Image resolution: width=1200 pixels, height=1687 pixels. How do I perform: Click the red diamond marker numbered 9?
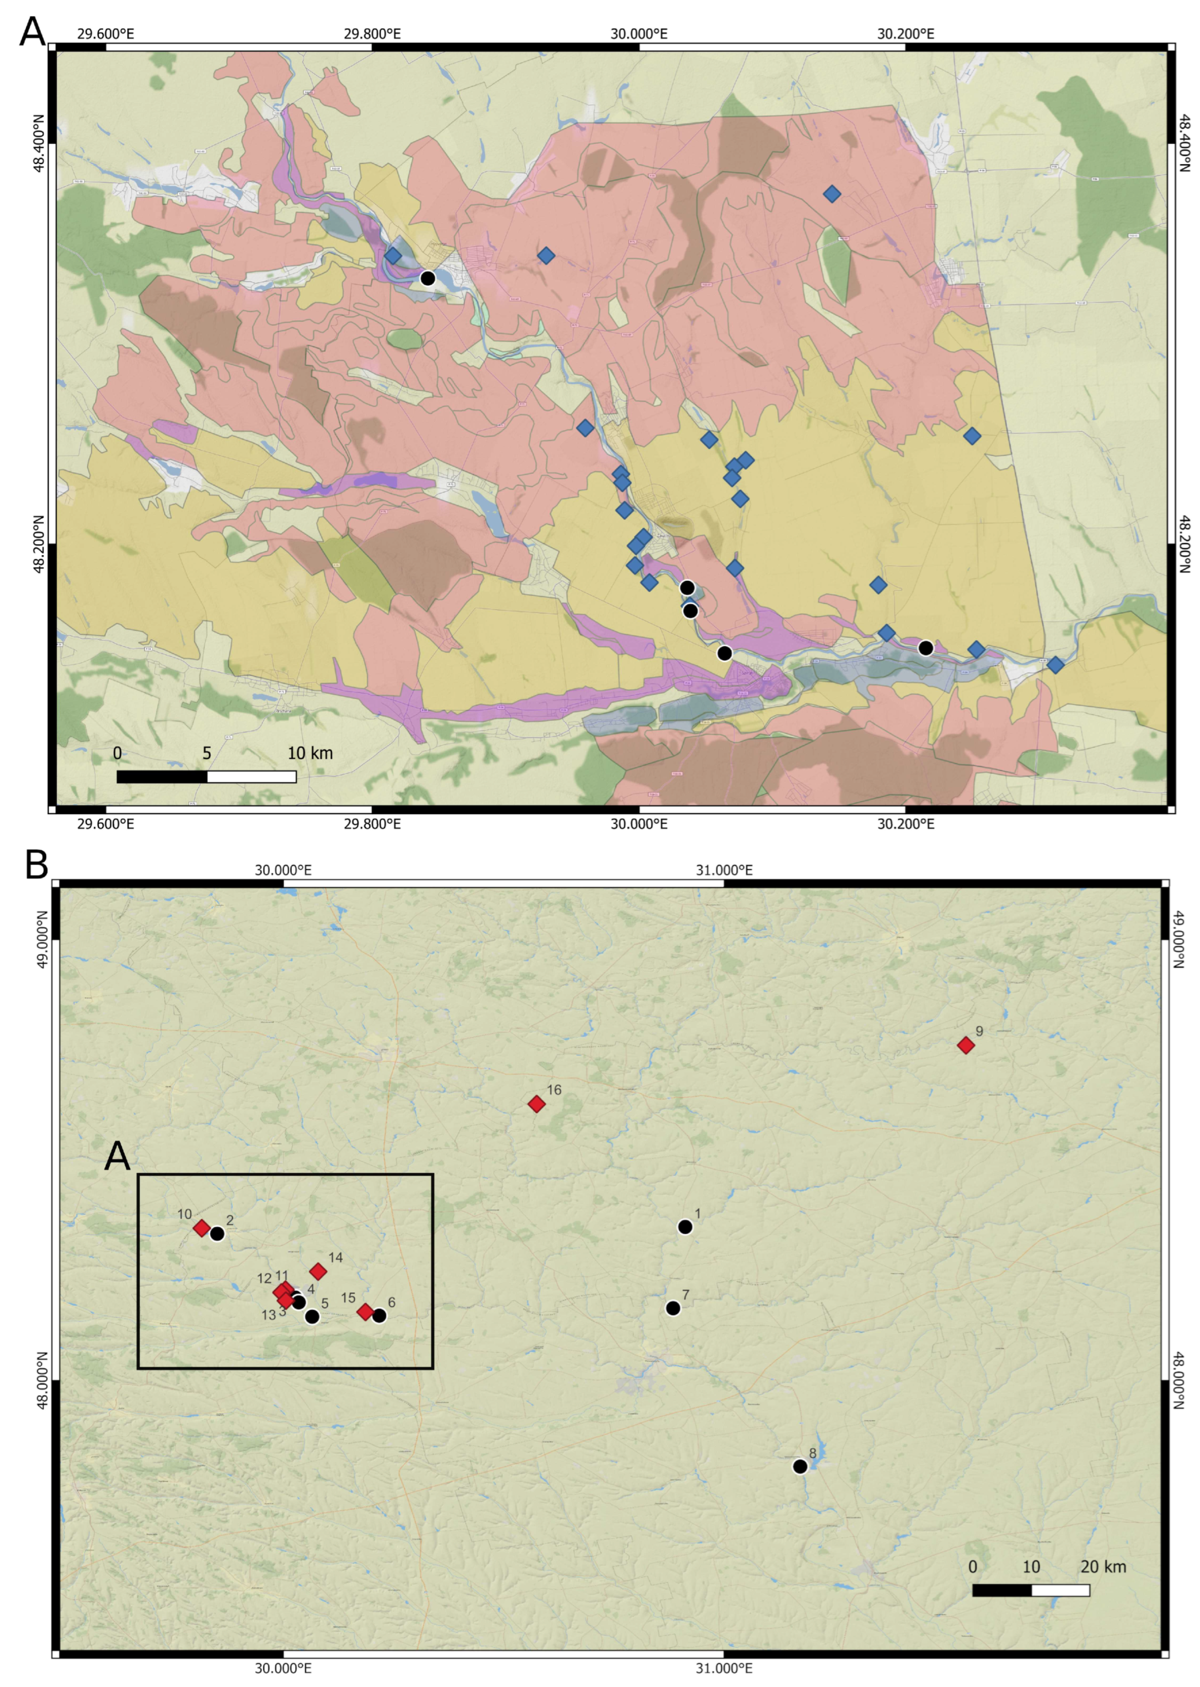(965, 1045)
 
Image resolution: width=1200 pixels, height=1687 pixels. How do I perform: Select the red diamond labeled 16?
(536, 1104)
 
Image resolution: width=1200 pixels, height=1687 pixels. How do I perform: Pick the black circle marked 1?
(685, 1226)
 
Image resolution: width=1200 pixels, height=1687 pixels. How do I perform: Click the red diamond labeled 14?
(318, 1271)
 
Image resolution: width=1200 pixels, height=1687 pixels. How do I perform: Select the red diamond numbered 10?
(201, 1228)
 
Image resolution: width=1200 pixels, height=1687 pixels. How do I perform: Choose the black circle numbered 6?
(379, 1315)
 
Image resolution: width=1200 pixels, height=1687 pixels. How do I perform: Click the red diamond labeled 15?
(365, 1312)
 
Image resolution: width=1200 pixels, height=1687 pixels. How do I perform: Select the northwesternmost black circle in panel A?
(427, 278)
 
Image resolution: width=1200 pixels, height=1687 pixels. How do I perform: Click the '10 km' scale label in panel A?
(311, 753)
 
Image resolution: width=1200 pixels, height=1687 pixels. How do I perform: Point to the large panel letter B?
(36, 865)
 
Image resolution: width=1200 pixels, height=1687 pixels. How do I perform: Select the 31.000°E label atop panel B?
(724, 870)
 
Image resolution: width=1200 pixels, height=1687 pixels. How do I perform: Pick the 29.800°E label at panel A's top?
(372, 33)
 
